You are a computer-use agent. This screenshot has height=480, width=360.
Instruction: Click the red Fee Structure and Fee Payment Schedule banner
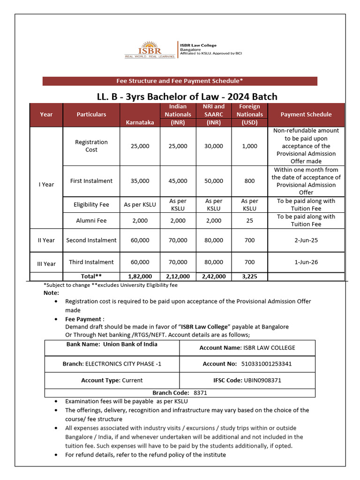[180, 81]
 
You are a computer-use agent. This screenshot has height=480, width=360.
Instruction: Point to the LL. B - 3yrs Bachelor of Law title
[187, 97]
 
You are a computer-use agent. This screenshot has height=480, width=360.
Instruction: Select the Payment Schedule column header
[306, 114]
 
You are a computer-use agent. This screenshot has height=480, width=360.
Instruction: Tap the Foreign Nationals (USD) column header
[249, 114]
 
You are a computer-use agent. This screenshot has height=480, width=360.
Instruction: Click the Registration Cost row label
[91, 146]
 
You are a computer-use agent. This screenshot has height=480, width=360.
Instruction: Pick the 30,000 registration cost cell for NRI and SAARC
[214, 146]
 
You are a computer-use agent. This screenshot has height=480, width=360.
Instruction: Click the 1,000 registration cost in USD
[249, 146]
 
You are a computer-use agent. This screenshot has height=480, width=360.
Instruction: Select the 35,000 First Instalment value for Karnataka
[140, 181]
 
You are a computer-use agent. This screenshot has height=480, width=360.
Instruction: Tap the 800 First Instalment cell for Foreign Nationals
[249, 181]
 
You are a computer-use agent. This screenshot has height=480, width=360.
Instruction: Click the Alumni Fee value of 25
[249, 220]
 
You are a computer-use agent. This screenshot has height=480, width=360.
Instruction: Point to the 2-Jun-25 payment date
[306, 240]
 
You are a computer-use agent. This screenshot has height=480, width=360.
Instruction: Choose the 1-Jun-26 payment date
[306, 262]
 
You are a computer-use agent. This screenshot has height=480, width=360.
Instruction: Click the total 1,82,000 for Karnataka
[140, 277]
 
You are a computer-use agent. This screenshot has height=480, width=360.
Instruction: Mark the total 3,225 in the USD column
[249, 277]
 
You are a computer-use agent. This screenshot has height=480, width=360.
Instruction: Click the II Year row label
[46, 240]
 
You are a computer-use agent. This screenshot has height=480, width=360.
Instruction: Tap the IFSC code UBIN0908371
[262, 380]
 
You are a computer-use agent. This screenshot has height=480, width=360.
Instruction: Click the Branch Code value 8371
[200, 393]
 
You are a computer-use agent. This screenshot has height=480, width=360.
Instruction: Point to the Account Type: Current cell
[112, 380]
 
